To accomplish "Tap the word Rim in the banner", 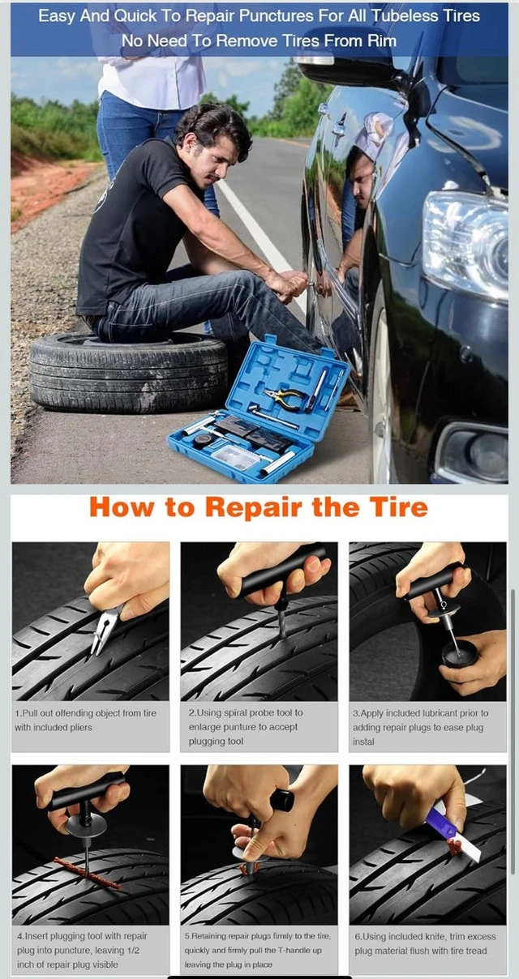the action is [x=382, y=41].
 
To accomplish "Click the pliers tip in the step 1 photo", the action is [x=93, y=652].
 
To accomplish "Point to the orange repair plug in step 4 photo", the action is [x=87, y=871].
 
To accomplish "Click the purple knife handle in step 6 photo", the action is [x=443, y=819].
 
